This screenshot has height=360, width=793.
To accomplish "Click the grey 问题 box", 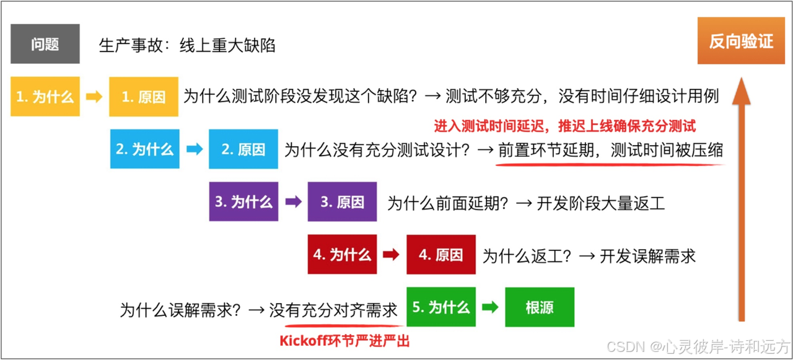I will (45, 44).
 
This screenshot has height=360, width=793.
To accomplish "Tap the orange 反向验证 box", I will (741, 42).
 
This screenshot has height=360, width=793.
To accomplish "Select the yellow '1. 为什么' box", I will (45, 97).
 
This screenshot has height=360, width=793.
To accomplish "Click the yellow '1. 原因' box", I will (144, 97).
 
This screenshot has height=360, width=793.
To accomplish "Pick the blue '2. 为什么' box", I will (144, 149).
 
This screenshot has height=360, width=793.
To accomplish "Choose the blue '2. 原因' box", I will (243, 149).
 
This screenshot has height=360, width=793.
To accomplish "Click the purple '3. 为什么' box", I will (243, 202).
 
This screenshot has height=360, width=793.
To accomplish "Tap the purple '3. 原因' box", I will (342, 202).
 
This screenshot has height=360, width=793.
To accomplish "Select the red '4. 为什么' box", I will (342, 255).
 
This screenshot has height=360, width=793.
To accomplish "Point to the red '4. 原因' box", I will (441, 255).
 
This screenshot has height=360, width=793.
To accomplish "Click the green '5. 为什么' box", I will (441, 307).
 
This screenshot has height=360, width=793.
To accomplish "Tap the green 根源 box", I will (540, 307).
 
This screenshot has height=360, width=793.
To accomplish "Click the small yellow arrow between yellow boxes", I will (94, 97).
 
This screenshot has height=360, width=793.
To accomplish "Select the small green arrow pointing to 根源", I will (491, 307).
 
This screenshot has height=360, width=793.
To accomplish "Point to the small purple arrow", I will (293, 202).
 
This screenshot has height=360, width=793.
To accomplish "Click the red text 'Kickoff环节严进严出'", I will (344, 340).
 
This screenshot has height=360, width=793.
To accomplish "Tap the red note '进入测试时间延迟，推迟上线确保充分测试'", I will (564, 126).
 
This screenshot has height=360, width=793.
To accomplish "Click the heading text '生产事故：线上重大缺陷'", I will (187, 45).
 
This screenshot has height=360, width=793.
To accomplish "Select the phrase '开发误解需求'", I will (647, 255).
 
